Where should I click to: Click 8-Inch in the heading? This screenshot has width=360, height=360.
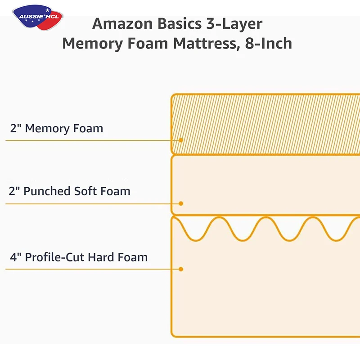(x=269, y=44)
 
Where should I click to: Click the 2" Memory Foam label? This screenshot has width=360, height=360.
(x=57, y=128)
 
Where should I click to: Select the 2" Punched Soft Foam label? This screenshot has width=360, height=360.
(x=70, y=191)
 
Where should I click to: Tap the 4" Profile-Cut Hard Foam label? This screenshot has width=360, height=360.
(x=79, y=258)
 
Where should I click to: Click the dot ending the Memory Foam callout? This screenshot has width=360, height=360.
(x=181, y=140)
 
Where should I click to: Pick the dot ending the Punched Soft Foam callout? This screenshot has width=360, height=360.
(x=181, y=203)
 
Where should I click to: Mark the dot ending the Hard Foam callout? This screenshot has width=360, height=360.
(x=181, y=269)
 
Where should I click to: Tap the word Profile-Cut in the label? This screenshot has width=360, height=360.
(x=54, y=258)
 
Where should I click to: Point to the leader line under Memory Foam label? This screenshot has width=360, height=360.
(x=90, y=140)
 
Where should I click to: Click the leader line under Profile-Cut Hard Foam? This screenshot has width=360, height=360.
(x=90, y=270)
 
